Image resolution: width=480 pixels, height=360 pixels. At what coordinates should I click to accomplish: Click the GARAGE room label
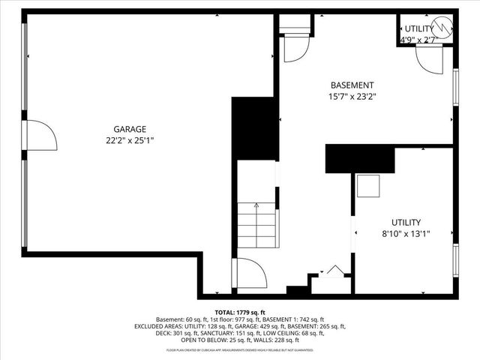pyautogui.click(x=130, y=128)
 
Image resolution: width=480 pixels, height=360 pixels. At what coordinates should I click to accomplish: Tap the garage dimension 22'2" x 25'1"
pyautogui.click(x=130, y=139)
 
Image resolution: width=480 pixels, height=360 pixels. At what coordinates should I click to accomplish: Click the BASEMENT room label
pyautogui.click(x=352, y=85)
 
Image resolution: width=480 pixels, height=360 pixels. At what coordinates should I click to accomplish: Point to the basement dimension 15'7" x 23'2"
pyautogui.click(x=352, y=97)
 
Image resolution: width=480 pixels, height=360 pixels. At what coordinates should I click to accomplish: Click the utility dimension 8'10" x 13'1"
pyautogui.click(x=406, y=233)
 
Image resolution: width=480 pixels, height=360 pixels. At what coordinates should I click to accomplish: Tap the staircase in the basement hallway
pyautogui.click(x=256, y=226)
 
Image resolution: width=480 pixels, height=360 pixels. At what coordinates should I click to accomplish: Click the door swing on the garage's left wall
pyautogui.click(x=41, y=136)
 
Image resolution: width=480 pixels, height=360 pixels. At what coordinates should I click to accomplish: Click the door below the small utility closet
pyautogui.click(x=430, y=60)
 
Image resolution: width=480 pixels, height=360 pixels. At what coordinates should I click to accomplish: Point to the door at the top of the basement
pyautogui.click(x=296, y=48)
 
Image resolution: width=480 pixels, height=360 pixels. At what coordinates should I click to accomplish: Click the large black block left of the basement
pyautogui.click(x=255, y=127)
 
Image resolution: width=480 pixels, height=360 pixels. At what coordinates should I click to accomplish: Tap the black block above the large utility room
pyautogui.click(x=360, y=160)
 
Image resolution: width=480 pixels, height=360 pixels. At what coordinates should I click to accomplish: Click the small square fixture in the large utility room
pyautogui.click(x=367, y=185)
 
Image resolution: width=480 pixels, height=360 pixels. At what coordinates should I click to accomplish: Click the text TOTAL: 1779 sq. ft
pyautogui.click(x=240, y=312)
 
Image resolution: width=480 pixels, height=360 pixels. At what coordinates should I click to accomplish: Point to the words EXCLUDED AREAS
pyautogui.click(x=158, y=326)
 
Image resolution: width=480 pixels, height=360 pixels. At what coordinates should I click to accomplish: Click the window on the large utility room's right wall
pyautogui.click(x=456, y=259)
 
